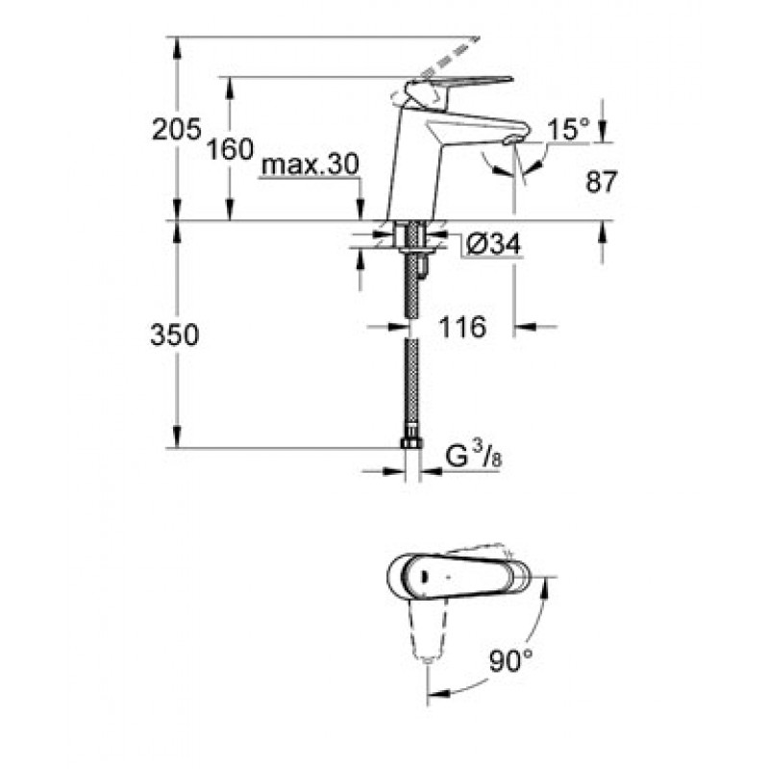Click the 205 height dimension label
coord(177,130)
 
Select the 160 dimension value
coord(230,149)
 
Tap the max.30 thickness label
coord(310,164)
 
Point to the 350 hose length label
coord(175,335)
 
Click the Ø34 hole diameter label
coord(492,243)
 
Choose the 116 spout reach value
coord(462,327)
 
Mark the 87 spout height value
coord(602,182)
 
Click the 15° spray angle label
coord(569,129)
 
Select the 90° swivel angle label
coord(510,660)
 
